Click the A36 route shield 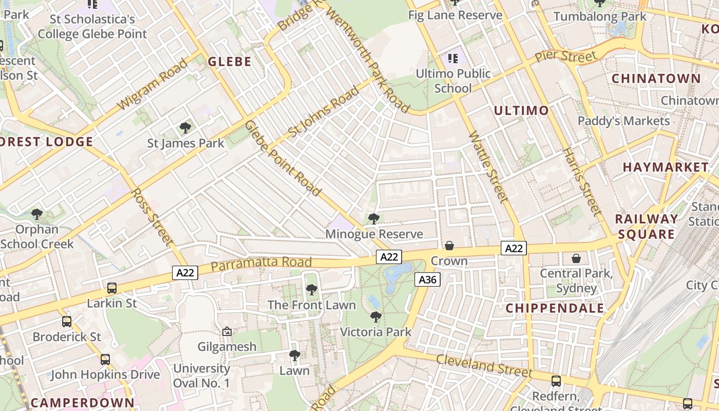click(x=427, y=279)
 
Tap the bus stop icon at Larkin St click(x=112, y=288)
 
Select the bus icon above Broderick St click(x=67, y=322)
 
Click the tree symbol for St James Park click(x=185, y=128)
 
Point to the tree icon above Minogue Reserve click(x=374, y=219)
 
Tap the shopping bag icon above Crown click(x=449, y=246)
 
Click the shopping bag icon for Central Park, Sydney click(x=576, y=258)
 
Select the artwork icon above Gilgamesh click(x=227, y=332)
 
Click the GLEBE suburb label click(x=230, y=62)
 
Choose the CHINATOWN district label click(x=656, y=79)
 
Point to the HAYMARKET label click(x=666, y=167)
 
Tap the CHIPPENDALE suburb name click(x=555, y=308)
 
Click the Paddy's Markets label click(x=624, y=121)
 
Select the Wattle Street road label click(x=488, y=167)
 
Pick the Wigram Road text click(x=152, y=85)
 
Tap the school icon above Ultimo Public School click(x=452, y=58)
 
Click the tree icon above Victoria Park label click(x=376, y=317)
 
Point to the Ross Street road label click(x=152, y=216)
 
